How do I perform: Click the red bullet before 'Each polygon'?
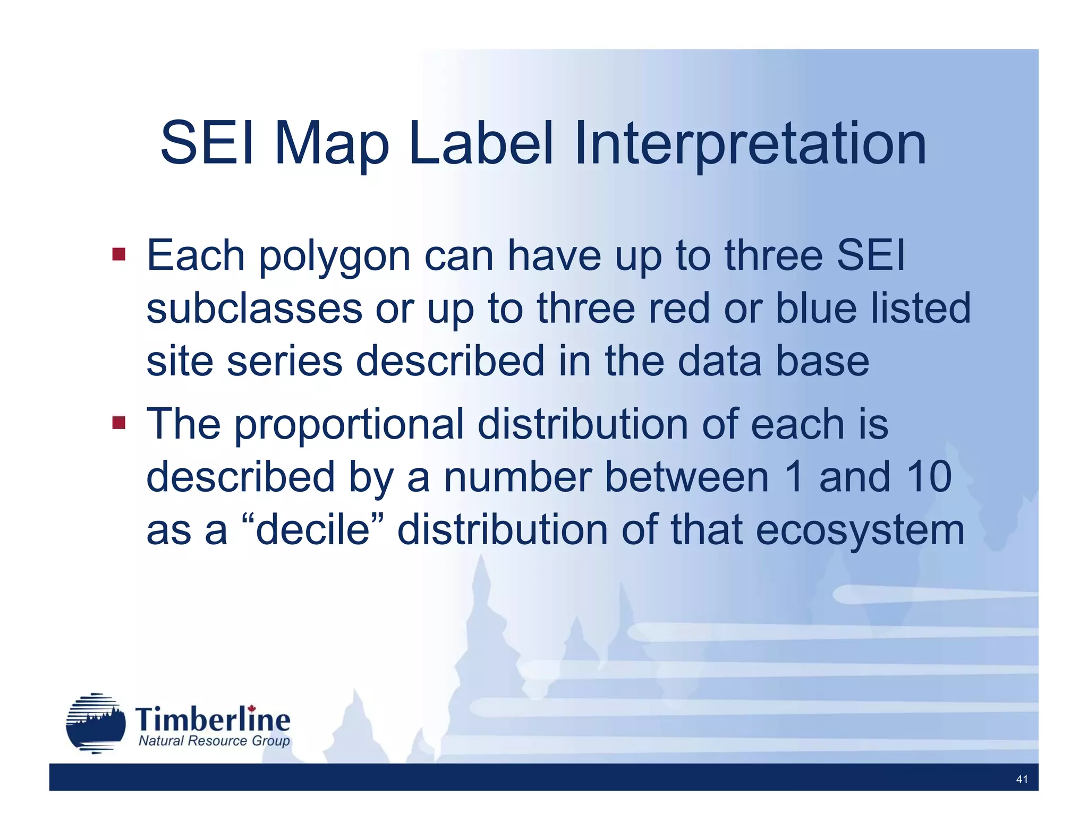(118, 254)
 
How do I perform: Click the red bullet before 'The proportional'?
(118, 423)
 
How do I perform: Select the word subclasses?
(254, 309)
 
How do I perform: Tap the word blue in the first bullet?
(816, 309)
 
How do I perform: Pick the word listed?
(921, 309)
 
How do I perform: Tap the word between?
(687, 477)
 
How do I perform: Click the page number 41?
(1021, 779)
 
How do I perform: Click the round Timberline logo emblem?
(96, 723)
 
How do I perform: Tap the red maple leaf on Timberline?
(252, 708)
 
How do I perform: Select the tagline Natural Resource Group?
(214, 741)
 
